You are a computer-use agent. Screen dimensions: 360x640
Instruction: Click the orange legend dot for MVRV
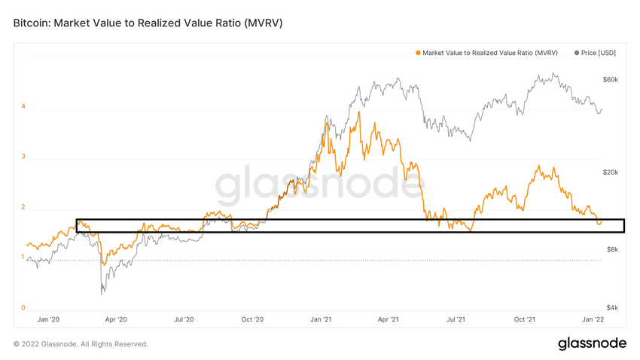418,53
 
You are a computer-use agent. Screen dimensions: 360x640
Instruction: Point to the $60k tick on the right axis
610,79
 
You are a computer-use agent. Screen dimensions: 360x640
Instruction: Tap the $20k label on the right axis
610,172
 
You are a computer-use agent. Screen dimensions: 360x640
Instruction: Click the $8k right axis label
611,249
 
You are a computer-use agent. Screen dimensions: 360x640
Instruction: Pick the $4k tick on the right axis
611,307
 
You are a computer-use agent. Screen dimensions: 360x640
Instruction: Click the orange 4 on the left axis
23,106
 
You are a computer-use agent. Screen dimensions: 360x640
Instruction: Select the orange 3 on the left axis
23,157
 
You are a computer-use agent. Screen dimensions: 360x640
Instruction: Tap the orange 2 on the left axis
23,207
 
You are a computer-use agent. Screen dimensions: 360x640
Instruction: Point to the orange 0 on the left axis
23,307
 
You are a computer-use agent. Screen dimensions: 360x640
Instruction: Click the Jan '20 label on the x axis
48,319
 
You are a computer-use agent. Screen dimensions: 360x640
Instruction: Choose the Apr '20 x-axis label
116,319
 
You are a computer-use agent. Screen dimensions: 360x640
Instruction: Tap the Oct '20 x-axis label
252,319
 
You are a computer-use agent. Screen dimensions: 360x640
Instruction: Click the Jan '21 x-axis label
321,319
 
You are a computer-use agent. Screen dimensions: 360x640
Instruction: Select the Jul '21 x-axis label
456,319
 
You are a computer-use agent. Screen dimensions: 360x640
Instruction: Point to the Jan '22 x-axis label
593,319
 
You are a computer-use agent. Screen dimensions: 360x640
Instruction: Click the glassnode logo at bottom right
592,343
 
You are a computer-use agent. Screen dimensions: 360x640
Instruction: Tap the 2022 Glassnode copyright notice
81,344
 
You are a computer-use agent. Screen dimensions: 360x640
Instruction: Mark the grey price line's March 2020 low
102,293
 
